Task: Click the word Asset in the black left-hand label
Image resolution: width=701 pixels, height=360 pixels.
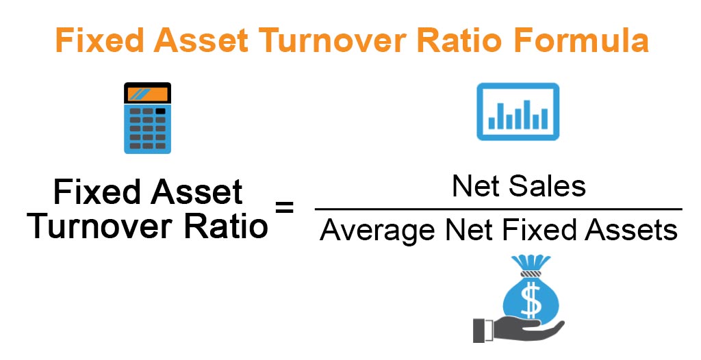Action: tap(199, 192)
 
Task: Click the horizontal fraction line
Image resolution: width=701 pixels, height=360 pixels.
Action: tap(498, 209)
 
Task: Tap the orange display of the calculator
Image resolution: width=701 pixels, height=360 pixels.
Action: tap(147, 94)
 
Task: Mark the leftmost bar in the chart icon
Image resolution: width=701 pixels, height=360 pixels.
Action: tap(492, 122)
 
